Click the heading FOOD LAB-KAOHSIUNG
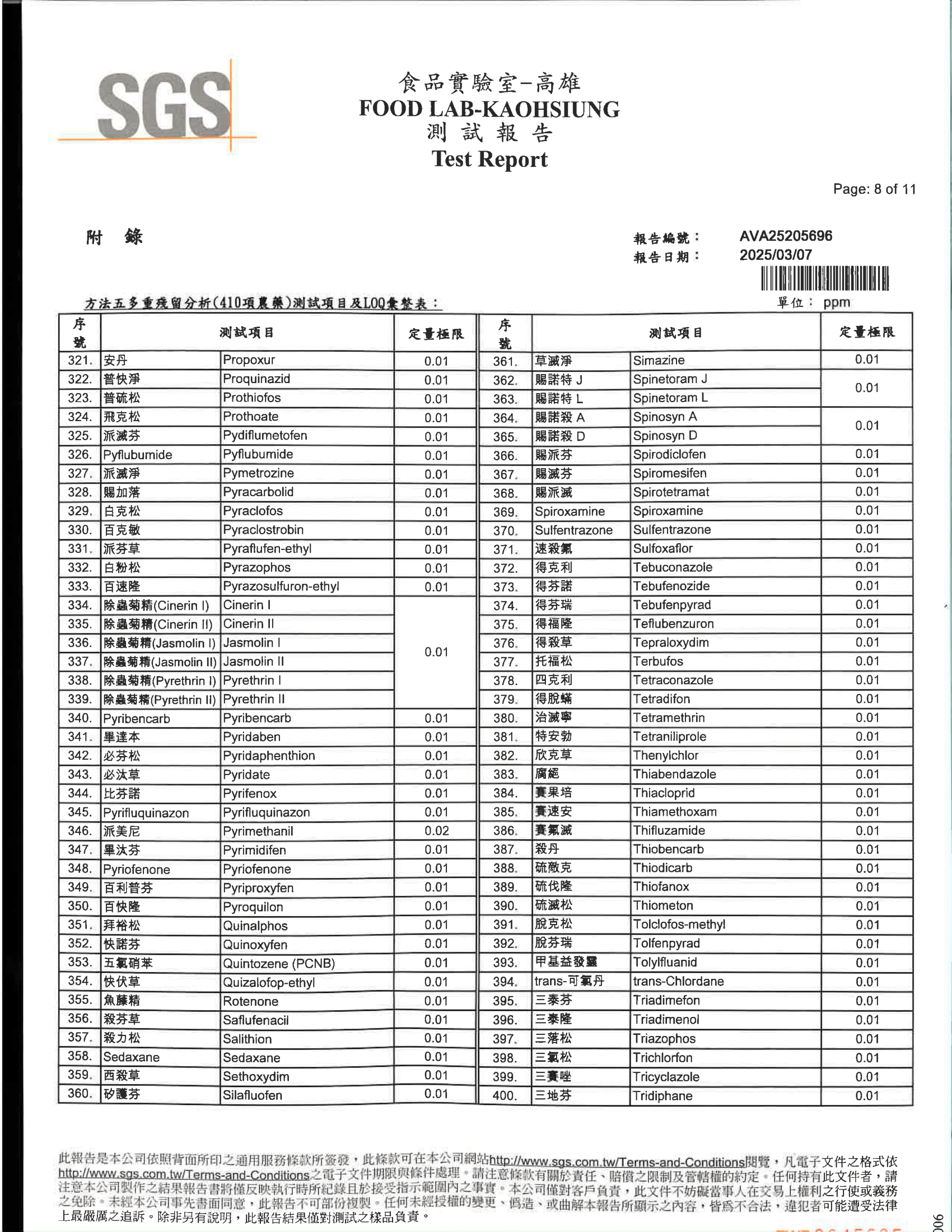coord(489,109)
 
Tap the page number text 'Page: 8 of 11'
coord(874,189)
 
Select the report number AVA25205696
coord(785,236)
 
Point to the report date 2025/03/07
coord(776,255)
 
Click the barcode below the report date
coord(824,279)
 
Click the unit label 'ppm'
coord(836,302)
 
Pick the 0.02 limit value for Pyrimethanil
coord(436,831)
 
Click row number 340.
coord(80,718)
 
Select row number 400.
coord(504,1095)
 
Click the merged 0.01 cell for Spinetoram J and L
coord(866,388)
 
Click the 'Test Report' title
coord(489,159)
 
